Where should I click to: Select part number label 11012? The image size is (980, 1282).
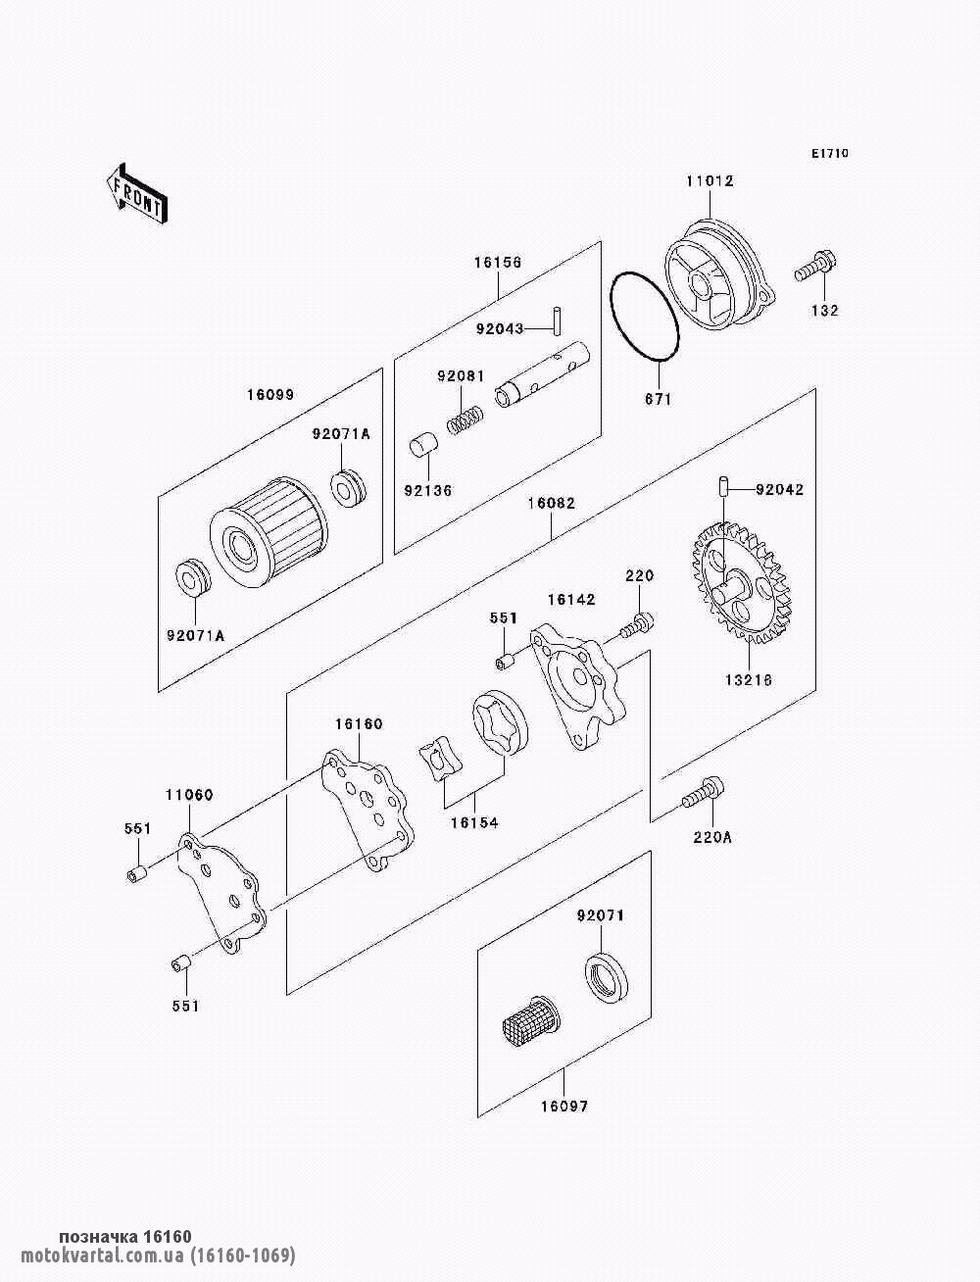tap(710, 181)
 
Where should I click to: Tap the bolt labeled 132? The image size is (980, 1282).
tap(815, 266)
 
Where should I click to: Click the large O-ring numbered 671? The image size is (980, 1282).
tap(644, 317)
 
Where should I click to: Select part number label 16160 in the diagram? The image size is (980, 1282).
tap(359, 724)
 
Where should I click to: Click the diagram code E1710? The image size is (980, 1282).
tap(829, 154)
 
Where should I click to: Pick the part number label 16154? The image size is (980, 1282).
tap(474, 822)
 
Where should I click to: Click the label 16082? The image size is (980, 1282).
tap(551, 504)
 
